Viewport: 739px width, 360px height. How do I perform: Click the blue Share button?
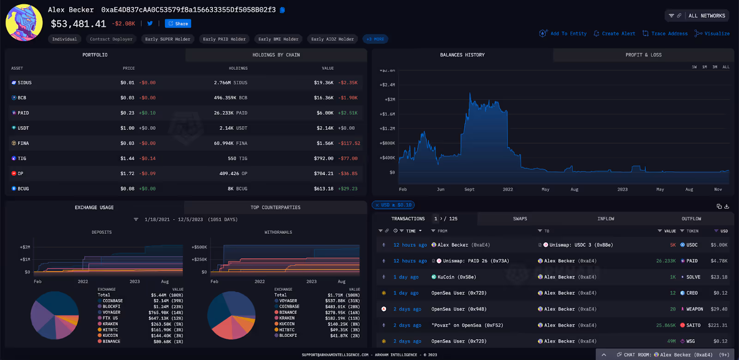point(178,24)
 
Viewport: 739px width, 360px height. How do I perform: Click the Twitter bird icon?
point(150,23)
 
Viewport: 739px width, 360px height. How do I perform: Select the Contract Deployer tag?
point(111,39)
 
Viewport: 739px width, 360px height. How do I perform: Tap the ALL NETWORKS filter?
point(706,16)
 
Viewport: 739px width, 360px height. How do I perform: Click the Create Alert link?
point(618,34)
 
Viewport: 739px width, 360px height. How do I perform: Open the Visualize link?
point(716,34)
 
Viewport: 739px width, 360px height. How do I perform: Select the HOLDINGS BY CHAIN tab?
point(276,55)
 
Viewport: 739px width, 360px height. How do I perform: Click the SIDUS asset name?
point(24,83)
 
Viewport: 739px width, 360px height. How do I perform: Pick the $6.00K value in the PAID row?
point(325,113)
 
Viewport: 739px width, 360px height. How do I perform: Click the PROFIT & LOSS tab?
point(643,55)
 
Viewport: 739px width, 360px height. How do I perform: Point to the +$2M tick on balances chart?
point(390,99)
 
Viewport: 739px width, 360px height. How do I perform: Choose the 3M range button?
point(715,67)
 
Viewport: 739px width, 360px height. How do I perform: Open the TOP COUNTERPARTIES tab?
point(275,207)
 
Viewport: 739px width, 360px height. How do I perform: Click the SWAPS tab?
point(520,219)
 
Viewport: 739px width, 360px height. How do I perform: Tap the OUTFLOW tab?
point(691,219)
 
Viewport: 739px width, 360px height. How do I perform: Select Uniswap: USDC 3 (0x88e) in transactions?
point(581,245)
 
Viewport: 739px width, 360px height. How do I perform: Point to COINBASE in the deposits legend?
point(113,301)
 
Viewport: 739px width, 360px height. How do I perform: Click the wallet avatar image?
point(24,23)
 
